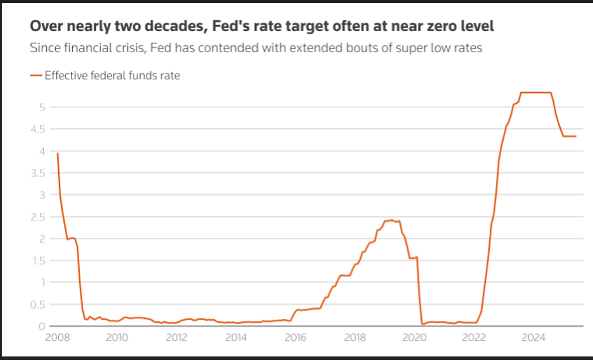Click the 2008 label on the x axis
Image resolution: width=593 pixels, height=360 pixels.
(x=57, y=337)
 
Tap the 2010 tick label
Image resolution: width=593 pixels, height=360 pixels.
(x=117, y=337)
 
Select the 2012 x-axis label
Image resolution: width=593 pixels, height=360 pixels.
(x=177, y=337)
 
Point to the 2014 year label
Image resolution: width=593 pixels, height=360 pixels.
(x=236, y=337)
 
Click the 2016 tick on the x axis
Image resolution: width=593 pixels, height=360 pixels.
(x=296, y=337)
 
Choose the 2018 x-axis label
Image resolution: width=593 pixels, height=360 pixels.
(x=355, y=337)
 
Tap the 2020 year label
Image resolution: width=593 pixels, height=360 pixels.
(x=415, y=337)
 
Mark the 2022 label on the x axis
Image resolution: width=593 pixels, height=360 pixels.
(x=474, y=337)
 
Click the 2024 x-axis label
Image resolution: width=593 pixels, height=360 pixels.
(x=534, y=337)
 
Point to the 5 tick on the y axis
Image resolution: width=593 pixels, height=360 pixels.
(x=42, y=107)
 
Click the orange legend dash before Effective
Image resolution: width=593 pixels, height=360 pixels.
(x=36, y=76)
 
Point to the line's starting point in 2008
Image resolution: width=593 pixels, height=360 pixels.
(x=57, y=154)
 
